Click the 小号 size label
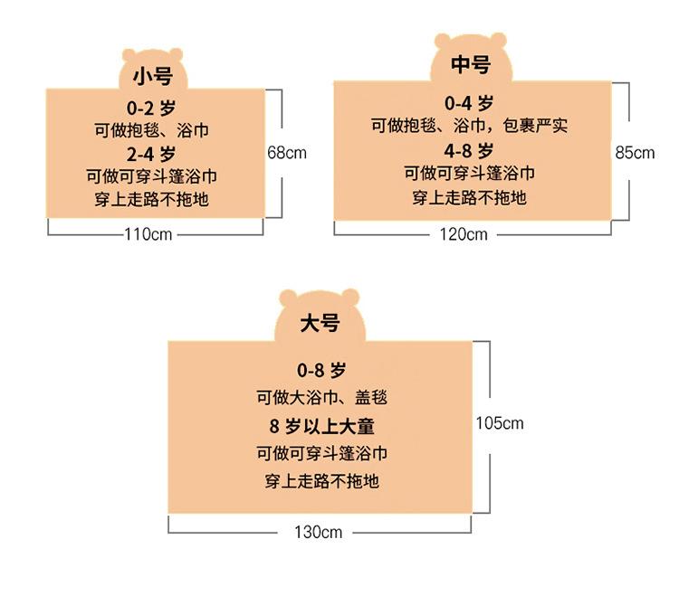(x=151, y=75)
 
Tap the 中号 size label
(x=471, y=65)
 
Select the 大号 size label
(x=320, y=323)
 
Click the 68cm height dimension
(x=287, y=153)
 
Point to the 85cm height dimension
(x=635, y=153)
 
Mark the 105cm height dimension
(x=500, y=423)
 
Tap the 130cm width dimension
(x=318, y=532)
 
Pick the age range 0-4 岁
(x=469, y=103)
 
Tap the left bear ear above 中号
(x=444, y=42)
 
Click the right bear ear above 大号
(x=349, y=298)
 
